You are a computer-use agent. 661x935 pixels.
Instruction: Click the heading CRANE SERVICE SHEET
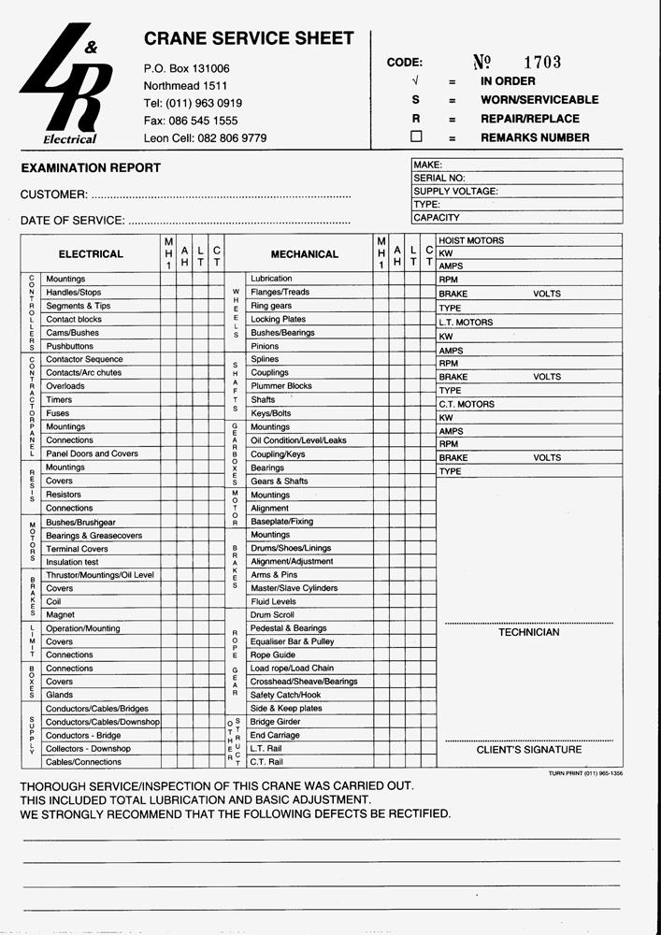coord(249,38)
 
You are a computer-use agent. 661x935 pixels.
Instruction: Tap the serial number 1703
coord(542,63)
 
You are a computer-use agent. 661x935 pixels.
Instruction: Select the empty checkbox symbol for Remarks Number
coord(416,137)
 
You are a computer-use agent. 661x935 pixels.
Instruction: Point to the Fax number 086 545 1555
coord(191,121)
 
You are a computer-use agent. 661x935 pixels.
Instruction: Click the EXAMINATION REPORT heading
coord(91,168)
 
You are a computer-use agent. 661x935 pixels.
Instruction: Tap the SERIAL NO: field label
coord(438,178)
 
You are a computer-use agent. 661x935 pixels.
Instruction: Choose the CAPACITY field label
coord(436,218)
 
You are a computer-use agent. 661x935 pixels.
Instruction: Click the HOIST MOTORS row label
coord(471,240)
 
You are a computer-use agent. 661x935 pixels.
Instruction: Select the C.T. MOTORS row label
coord(467,404)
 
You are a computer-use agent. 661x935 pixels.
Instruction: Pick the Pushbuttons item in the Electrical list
coord(70,346)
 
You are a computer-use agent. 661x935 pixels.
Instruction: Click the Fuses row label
coord(58,413)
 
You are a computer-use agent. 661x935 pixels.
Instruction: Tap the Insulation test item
coord(72,562)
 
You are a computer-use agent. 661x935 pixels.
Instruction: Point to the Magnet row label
coord(60,615)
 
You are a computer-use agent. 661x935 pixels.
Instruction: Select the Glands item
coord(60,695)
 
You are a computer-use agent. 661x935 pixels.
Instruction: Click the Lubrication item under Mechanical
coord(271,279)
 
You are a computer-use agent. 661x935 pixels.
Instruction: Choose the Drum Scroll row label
coord(273,615)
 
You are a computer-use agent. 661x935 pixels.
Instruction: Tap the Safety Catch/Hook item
coord(285,695)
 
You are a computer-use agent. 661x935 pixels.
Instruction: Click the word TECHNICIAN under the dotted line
coord(528,632)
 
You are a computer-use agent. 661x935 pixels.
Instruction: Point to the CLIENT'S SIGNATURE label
coord(528,750)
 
